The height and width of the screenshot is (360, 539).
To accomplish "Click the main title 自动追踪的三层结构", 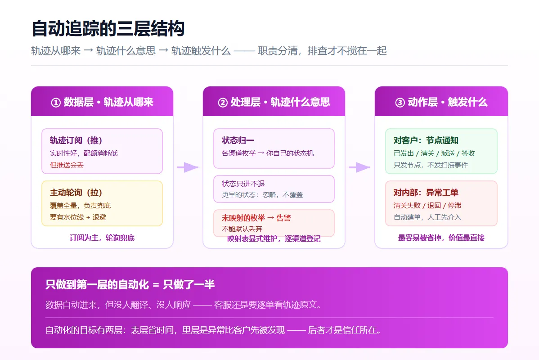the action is click(108, 28).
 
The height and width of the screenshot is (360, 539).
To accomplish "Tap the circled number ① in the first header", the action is click(56, 103).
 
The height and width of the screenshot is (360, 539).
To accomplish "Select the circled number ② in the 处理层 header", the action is click(223, 103).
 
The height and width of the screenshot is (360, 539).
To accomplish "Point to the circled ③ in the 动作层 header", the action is click(400, 103).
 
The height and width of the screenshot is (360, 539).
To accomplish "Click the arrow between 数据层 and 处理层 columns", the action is click(188, 167).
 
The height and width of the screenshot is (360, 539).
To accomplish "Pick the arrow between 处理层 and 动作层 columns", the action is click(359, 167).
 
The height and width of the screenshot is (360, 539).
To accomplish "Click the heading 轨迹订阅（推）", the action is click(76, 140).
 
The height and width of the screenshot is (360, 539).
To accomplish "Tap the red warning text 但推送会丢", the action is click(67, 165).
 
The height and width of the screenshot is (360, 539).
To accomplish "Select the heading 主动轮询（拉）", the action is click(76, 193).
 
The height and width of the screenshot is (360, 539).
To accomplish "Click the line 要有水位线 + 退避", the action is click(78, 217).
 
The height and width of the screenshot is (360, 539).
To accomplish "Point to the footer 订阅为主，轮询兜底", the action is click(102, 238).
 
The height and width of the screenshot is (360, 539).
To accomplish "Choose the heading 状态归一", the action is click(238, 140).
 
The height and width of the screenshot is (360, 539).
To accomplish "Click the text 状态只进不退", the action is click(243, 184).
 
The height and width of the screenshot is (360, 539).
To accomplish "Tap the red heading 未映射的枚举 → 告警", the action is click(256, 218).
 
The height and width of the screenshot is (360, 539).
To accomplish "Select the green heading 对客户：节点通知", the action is click(426, 140).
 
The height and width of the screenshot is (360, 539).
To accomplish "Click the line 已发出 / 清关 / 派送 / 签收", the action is click(434, 153).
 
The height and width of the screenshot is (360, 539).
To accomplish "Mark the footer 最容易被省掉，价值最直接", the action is click(441, 238).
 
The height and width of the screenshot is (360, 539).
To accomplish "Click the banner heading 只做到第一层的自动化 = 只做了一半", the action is click(130, 285).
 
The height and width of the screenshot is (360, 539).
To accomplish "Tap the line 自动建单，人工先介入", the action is click(427, 217).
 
